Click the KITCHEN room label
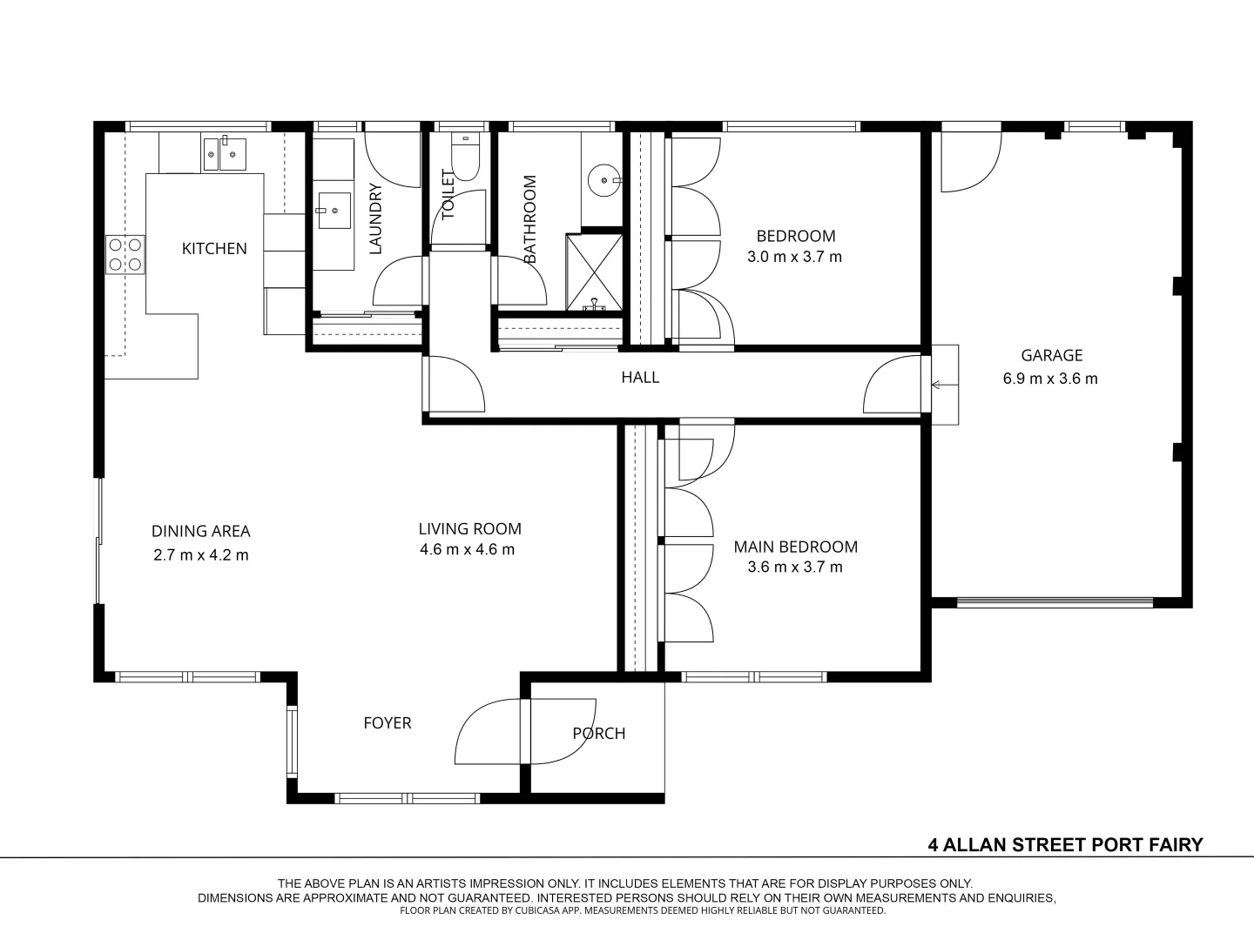pyautogui.click(x=214, y=249)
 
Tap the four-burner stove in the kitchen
pyautogui.click(x=125, y=255)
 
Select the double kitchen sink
pyautogui.click(x=225, y=154)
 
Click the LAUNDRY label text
pyautogui.click(x=376, y=218)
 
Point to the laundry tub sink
pyautogui.click(x=334, y=210)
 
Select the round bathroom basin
pyautogui.click(x=603, y=181)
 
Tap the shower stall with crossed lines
pyautogui.click(x=594, y=271)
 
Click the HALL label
pyautogui.click(x=640, y=378)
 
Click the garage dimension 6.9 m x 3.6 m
pyautogui.click(x=1050, y=379)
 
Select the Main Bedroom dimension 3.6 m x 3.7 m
pyautogui.click(x=795, y=567)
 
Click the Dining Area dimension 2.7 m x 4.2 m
pyautogui.click(x=200, y=555)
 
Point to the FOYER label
pyautogui.click(x=388, y=723)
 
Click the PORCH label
pyautogui.click(x=599, y=734)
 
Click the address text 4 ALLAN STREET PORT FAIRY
pyautogui.click(x=1065, y=844)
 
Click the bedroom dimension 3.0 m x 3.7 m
pyautogui.click(x=795, y=257)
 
